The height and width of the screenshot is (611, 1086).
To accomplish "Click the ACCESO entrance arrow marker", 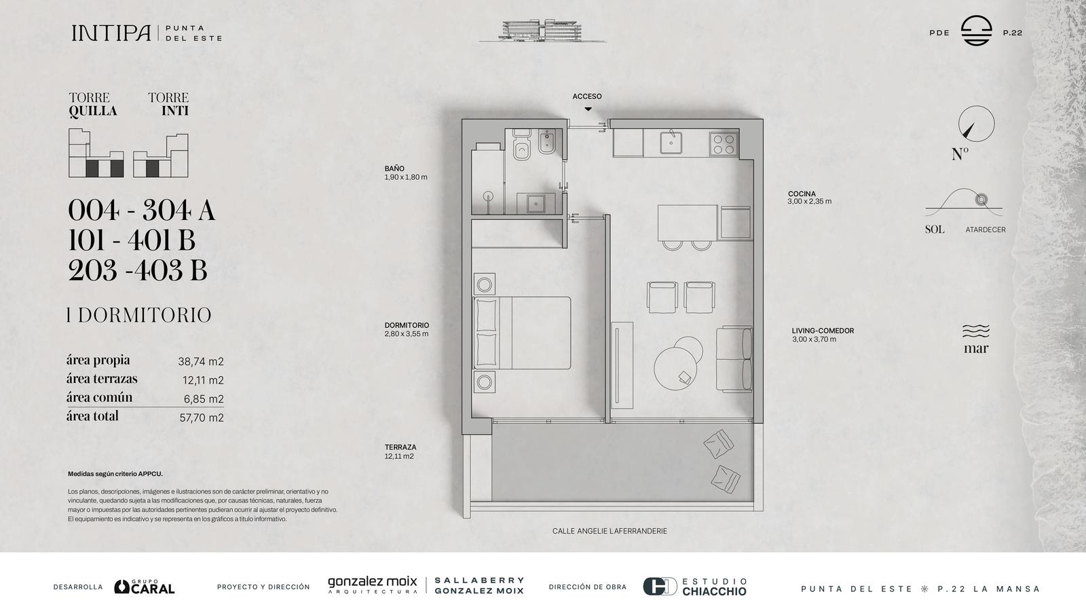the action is (x=588, y=109).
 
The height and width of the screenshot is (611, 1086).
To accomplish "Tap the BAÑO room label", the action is (x=394, y=168).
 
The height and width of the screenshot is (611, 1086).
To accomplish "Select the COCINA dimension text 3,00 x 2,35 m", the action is (x=809, y=201).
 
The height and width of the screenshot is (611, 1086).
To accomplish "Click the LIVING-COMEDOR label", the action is (x=823, y=331).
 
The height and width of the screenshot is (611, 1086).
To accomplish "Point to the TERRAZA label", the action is (x=400, y=447).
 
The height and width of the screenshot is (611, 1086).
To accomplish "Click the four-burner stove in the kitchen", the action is (x=724, y=144).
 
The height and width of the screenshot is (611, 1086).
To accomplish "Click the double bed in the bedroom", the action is (x=522, y=333).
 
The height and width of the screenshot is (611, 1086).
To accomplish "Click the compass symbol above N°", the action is (x=976, y=124).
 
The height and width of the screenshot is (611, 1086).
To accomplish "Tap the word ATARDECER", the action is (x=985, y=230).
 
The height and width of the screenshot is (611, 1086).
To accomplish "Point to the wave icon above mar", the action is (x=976, y=331).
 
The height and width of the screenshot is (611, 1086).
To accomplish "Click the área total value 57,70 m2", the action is (x=202, y=418).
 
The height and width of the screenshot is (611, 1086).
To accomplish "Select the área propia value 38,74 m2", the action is (x=201, y=361).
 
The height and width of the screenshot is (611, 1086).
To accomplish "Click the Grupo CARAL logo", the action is (x=145, y=587).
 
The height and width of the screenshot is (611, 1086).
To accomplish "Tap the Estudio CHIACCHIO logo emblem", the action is (x=660, y=587).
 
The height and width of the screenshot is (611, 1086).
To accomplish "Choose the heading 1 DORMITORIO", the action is (x=139, y=315).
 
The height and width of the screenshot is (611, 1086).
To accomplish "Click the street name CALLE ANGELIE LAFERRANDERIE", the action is (x=610, y=531).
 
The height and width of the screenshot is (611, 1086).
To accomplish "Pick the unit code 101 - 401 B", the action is (x=132, y=240).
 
